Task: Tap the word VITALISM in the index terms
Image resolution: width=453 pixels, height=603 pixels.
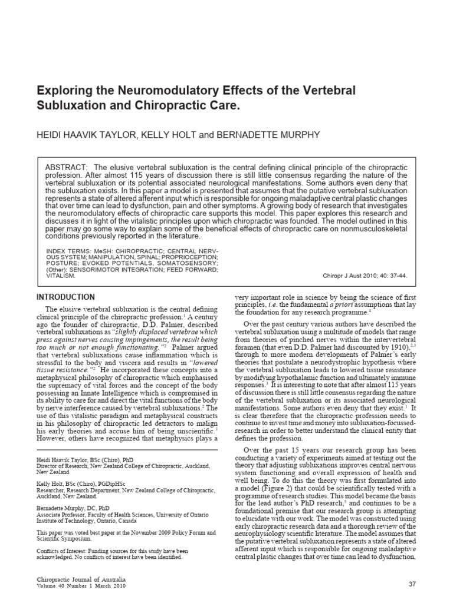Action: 61,275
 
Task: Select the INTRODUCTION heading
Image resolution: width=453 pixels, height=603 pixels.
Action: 65,297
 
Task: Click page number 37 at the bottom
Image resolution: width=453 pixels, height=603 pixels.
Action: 412,583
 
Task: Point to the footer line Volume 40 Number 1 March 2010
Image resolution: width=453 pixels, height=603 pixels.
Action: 81,587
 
